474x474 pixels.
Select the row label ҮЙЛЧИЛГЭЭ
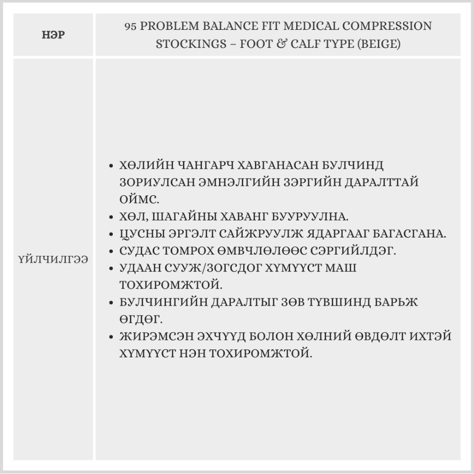(x=53, y=260)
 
